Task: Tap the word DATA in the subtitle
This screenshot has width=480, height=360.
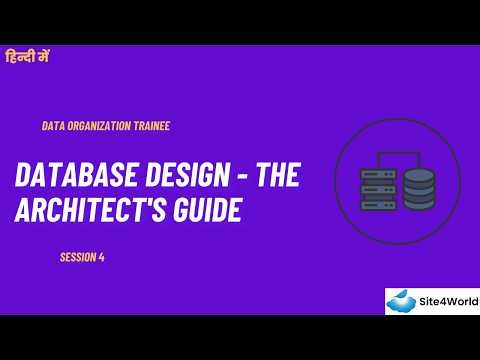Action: click(x=52, y=126)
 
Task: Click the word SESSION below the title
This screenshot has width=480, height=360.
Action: click(x=77, y=257)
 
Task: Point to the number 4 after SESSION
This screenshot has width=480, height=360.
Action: click(x=102, y=257)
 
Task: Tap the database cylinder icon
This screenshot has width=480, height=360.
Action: click(x=420, y=187)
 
